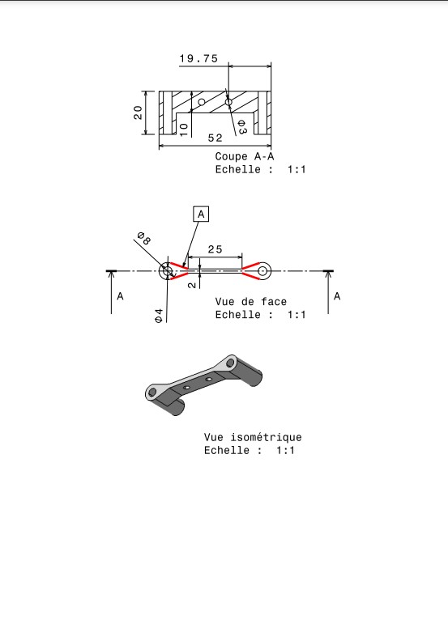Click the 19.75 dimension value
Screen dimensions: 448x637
[198, 59]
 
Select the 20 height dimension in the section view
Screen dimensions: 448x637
[139, 113]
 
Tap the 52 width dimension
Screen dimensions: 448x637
[215, 138]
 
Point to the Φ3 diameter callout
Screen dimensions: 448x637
[241, 127]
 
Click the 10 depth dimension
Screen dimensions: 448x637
[184, 130]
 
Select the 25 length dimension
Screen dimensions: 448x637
[215, 249]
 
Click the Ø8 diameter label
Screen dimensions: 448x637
[144, 238]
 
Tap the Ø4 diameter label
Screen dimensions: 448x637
[159, 316]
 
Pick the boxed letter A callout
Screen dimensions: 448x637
[201, 214]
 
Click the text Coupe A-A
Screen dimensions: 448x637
[245, 156]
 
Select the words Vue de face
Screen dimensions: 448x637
[251, 301]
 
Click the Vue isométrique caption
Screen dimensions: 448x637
[253, 437]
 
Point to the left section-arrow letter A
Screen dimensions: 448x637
[120, 296]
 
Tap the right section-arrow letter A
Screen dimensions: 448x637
[337, 296]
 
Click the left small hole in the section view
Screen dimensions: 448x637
[202, 101]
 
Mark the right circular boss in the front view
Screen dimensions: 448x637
[263, 270]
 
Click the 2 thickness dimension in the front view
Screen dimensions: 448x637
[192, 285]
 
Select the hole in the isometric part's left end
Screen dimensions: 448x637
[152, 392]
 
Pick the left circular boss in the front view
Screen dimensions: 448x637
[166, 271]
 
